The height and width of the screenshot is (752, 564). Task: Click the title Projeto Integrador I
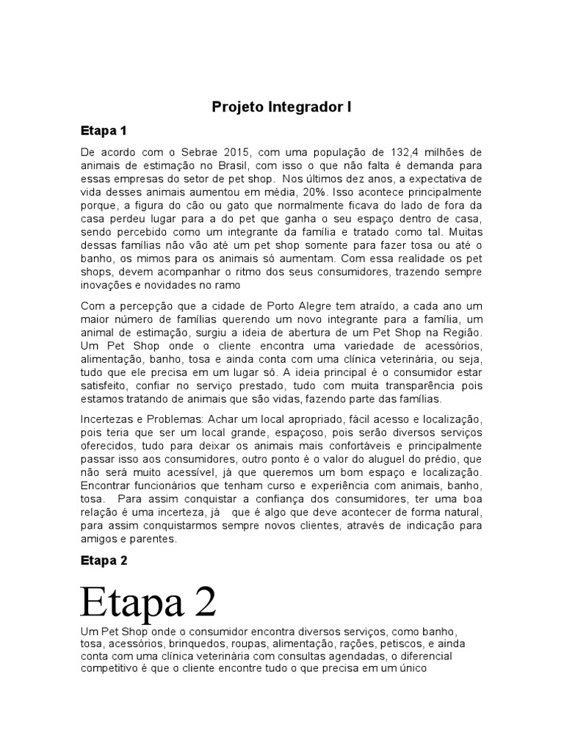pos(282,107)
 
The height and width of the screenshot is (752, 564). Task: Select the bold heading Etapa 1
pos(104,131)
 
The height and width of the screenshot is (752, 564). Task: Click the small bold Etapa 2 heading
pos(104,560)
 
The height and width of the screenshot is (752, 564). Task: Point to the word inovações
pos(104,285)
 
